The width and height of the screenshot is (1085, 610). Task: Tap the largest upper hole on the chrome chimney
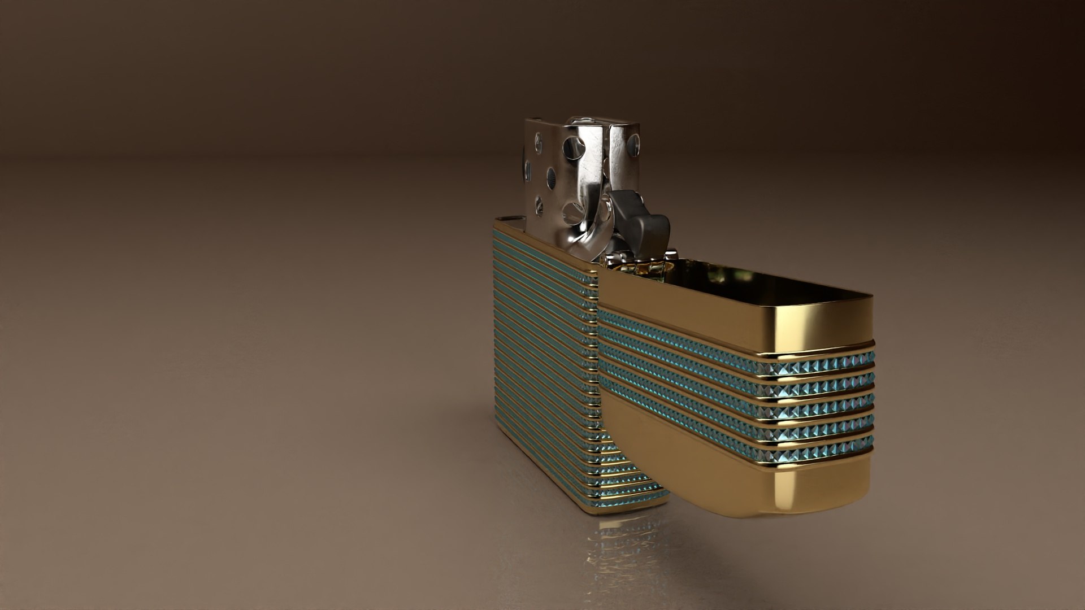point(574,147)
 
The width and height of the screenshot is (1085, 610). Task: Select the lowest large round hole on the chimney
point(574,213)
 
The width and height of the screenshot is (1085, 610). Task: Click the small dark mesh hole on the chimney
point(551,179)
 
